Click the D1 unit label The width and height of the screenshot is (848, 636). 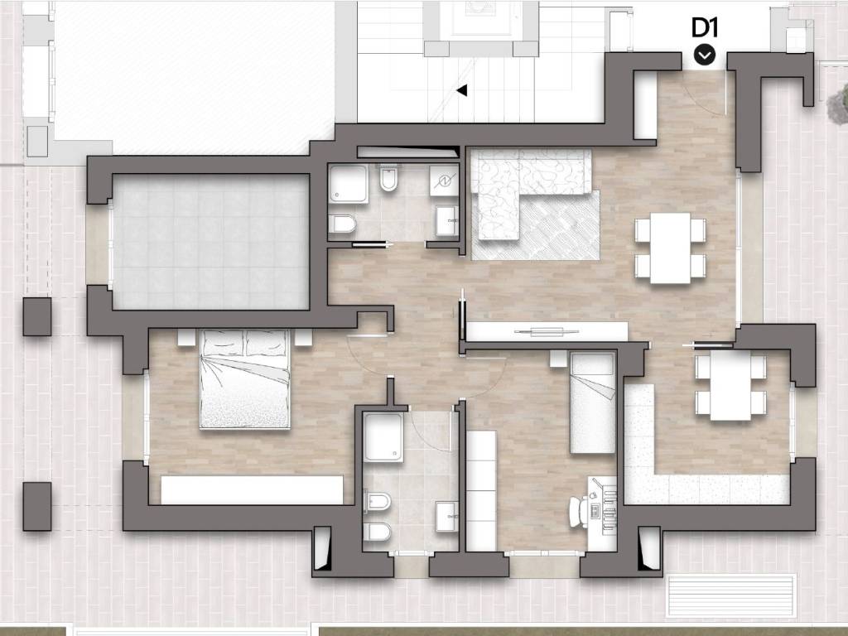tap(705, 28)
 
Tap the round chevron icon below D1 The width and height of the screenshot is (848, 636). tap(705, 55)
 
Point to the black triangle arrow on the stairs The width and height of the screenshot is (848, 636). tap(461, 90)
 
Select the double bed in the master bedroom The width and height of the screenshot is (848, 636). tap(245, 379)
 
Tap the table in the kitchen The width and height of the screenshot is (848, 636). tap(730, 388)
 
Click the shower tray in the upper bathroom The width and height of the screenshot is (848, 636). tap(349, 184)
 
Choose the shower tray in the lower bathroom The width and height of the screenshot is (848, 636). tap(383, 437)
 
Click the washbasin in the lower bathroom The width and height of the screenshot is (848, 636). tap(446, 516)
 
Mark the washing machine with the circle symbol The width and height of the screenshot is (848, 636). tap(444, 181)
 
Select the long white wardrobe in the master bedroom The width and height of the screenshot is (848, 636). tap(252, 490)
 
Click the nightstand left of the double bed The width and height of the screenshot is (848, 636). tap(186, 338)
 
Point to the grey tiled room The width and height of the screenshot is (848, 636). tap(211, 242)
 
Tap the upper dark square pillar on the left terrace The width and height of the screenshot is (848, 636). tap(36, 316)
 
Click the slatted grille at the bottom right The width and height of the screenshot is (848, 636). tap(732, 595)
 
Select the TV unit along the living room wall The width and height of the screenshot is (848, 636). tap(547, 331)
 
